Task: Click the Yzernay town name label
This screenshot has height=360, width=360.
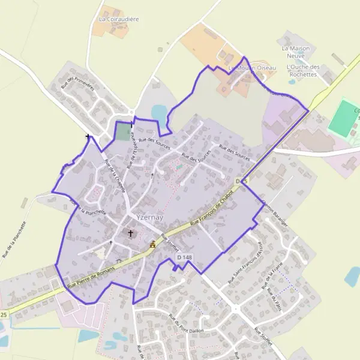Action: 142,217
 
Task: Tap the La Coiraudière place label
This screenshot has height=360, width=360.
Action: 119,19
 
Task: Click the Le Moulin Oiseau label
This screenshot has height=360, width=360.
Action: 252,68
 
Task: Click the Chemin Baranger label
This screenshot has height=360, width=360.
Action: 275,217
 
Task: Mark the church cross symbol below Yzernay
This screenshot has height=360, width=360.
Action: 130,233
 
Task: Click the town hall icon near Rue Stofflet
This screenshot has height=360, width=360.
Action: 152,244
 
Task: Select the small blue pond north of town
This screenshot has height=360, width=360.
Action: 160,112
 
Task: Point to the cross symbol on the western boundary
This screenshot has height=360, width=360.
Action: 88,137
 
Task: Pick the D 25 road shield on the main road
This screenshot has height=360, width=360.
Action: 242,181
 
